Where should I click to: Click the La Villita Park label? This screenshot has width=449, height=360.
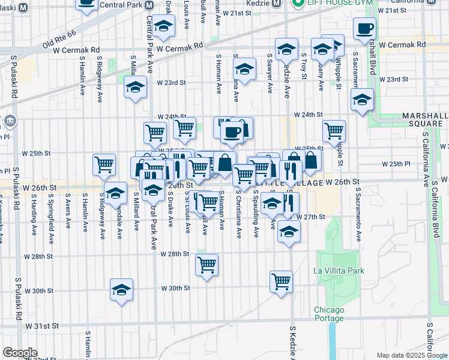[339, 271]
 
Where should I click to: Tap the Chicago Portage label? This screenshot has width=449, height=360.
[329, 314]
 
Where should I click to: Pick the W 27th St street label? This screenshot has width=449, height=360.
[313, 217]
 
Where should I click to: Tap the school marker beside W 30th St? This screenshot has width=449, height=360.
[121, 290]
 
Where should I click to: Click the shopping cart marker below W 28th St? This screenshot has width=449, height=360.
[207, 264]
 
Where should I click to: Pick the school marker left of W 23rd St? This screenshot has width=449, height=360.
[135, 87]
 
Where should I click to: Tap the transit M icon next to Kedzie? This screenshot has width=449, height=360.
[277, 2]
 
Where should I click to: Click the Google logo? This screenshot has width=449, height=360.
[20, 353]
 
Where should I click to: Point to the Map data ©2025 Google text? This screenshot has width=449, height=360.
[412, 355]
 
